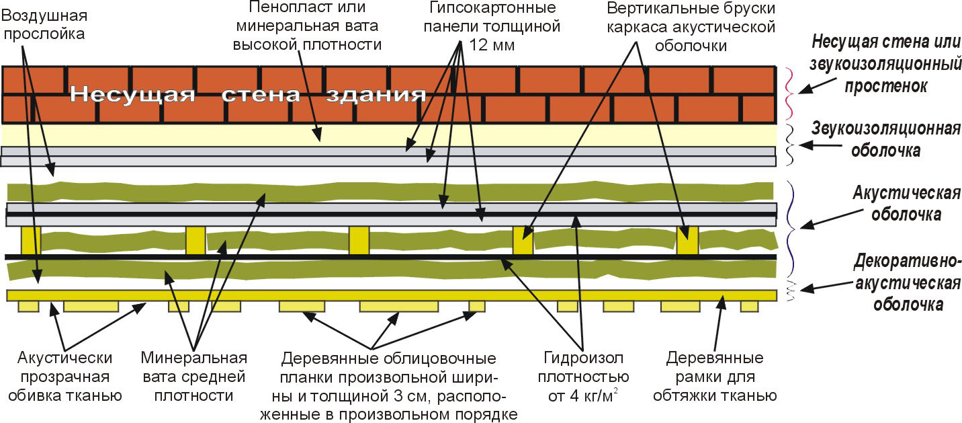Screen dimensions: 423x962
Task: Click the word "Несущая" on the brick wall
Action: (x=132, y=94)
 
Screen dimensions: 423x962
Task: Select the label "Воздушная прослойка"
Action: (x=44, y=23)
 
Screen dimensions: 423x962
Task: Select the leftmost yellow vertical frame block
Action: (x=31, y=241)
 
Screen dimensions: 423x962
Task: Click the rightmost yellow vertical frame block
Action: (x=687, y=241)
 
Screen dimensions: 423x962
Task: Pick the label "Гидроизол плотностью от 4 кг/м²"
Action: (x=582, y=377)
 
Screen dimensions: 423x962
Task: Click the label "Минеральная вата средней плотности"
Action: (x=193, y=377)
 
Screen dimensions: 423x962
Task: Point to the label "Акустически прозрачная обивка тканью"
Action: (x=65, y=377)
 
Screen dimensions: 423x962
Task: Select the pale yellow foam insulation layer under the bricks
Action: (x=202, y=136)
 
